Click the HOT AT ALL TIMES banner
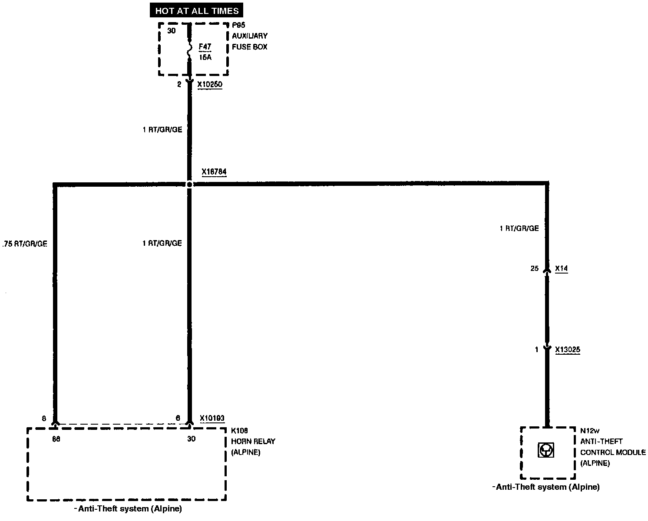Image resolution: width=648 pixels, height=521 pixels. coord(197,10)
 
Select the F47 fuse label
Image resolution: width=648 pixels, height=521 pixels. coord(205,46)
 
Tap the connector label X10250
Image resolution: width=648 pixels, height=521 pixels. coord(209,85)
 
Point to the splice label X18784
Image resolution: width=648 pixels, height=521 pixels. coord(214,172)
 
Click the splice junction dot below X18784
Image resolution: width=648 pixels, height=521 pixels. coord(189,184)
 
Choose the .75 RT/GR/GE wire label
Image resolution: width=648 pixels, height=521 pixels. coord(25,244)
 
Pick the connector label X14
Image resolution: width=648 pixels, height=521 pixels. coord(561,269)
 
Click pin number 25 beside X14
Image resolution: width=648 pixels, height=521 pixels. coord(534,269)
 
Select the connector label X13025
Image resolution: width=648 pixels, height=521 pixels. coord(567,349)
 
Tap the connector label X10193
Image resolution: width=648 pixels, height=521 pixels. coord(212,418)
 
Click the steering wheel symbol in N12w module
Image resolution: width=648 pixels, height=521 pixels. coord(546,450)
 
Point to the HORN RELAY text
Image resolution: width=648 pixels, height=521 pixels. coord(253,441)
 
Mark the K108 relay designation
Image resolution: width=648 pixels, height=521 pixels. coord(239,431)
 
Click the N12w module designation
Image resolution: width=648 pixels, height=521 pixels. coord(590,431)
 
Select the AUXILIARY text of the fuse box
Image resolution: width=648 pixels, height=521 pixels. coord(249,36)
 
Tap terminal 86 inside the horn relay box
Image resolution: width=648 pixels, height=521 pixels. coord(56,439)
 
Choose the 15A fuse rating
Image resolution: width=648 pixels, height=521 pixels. coord(205,57)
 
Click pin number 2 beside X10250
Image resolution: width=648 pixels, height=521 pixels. coord(179,85)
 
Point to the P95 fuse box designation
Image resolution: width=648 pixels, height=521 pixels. coord(238,25)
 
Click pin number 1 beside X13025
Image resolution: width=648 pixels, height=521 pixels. coord(536,349)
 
